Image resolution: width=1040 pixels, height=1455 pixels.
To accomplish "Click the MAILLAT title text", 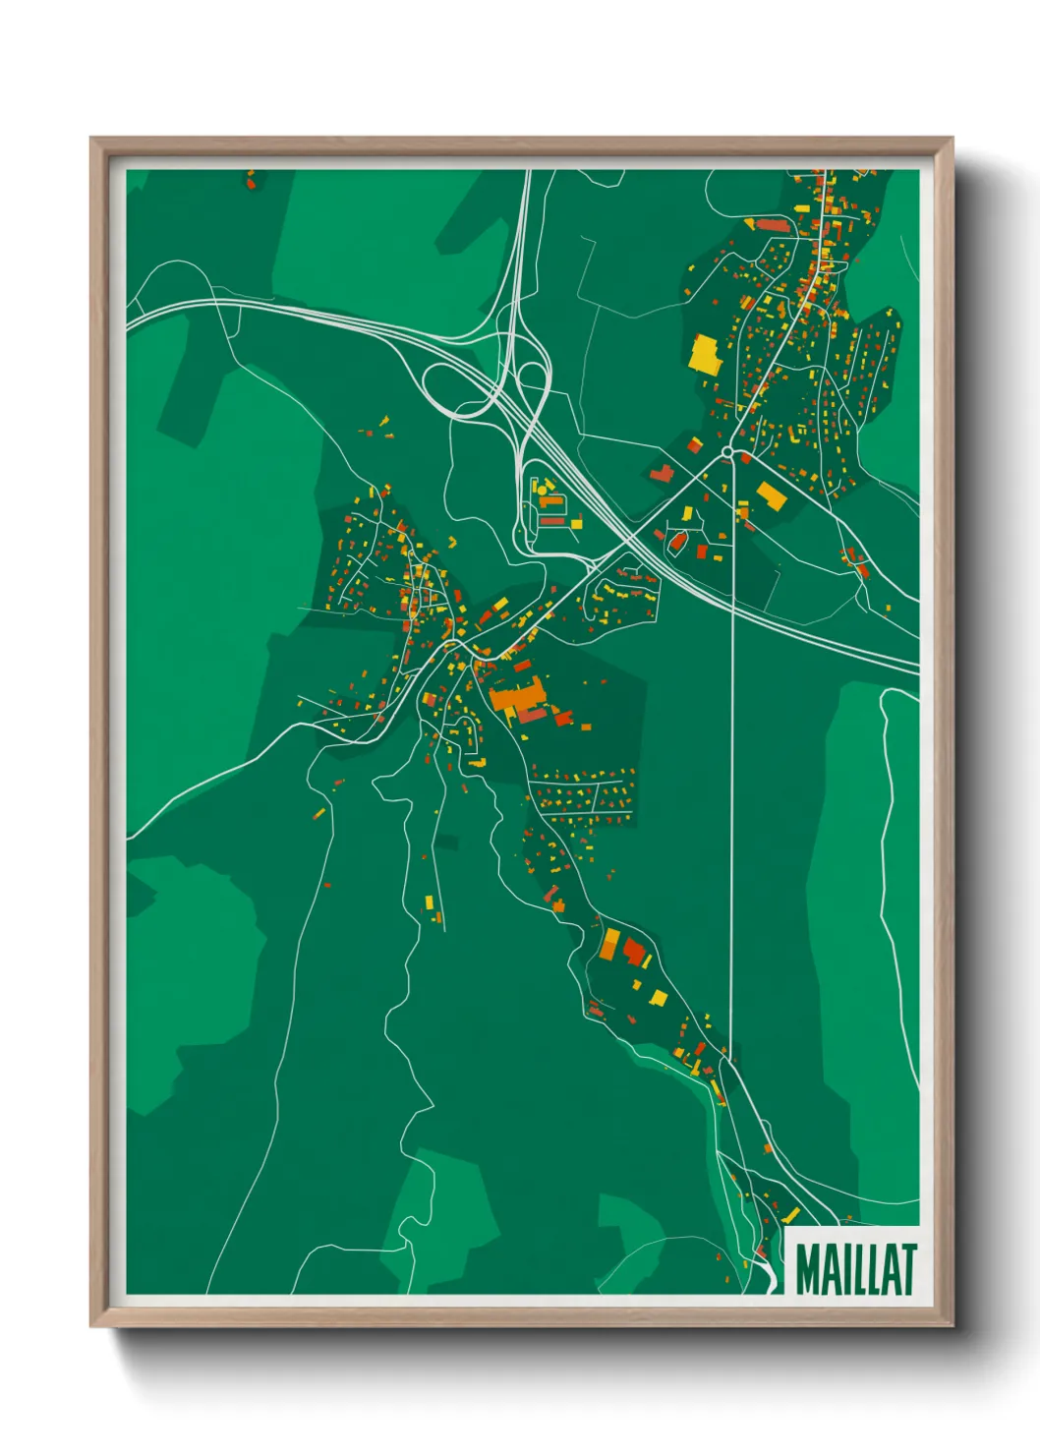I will [x=855, y=1269].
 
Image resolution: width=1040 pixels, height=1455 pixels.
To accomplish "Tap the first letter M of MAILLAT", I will [x=809, y=1269].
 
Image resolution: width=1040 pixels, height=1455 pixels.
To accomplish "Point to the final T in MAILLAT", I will [x=905, y=1269].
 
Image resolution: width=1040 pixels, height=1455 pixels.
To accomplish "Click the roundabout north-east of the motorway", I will [x=727, y=452].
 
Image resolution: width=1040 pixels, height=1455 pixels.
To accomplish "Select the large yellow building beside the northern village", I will [x=705, y=355].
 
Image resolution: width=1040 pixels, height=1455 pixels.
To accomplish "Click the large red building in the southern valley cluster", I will [x=634, y=951].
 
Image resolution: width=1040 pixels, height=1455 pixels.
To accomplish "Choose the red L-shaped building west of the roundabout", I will [x=661, y=474].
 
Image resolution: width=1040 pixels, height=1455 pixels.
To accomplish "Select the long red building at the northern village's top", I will [x=773, y=225].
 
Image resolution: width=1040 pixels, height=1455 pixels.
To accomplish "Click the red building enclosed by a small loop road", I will [x=676, y=540].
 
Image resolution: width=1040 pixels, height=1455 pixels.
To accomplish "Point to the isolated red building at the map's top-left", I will [x=251, y=182].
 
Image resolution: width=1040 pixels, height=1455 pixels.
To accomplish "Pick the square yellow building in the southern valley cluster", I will [x=659, y=998].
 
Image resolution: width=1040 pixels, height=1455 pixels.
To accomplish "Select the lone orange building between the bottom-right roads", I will [x=767, y=1147].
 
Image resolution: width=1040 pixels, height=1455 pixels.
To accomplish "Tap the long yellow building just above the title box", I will [x=789, y=1216].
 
